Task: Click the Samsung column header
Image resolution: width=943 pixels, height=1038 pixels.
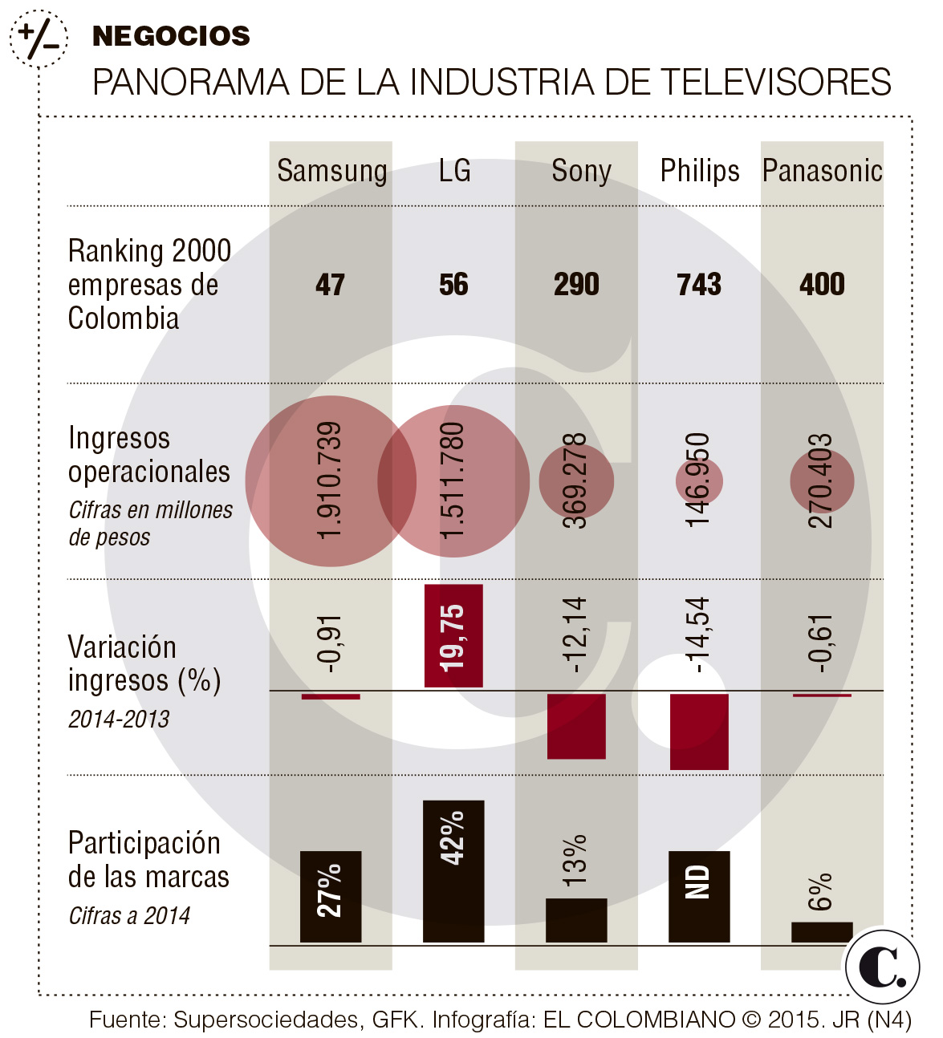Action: coord(331,171)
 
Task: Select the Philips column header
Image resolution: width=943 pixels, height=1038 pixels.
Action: coord(700,171)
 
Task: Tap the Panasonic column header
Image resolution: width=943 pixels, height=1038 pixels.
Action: coord(823,171)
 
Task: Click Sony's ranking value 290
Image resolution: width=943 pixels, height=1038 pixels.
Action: coord(576,285)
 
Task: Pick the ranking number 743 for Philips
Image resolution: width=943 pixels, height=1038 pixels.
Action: coord(699,285)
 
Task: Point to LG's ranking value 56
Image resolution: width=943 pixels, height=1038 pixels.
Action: coord(453,285)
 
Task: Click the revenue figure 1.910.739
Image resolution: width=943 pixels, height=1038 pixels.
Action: coord(330,480)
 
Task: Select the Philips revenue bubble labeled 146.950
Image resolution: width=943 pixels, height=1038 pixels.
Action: coord(698,480)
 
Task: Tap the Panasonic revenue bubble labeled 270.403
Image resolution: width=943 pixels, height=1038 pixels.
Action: coord(821,480)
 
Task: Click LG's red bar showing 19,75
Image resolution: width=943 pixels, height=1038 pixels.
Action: coord(453,636)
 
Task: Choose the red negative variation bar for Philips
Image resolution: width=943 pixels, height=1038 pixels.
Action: coord(699,731)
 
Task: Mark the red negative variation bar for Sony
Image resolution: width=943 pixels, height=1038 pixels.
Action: coord(576,725)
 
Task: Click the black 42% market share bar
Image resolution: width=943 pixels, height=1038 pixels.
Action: coord(453,871)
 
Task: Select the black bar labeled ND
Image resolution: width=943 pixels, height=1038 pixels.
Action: coord(699,896)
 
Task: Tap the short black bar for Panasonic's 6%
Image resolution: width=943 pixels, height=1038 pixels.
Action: coord(822,931)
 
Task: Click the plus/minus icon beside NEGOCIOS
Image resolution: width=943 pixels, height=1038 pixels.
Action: coord(39,38)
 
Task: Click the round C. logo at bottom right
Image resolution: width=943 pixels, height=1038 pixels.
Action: coord(882,967)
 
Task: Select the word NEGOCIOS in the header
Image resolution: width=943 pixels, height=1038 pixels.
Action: coord(171,36)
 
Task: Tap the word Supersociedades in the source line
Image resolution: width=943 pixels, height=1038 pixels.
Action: coord(267,1020)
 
